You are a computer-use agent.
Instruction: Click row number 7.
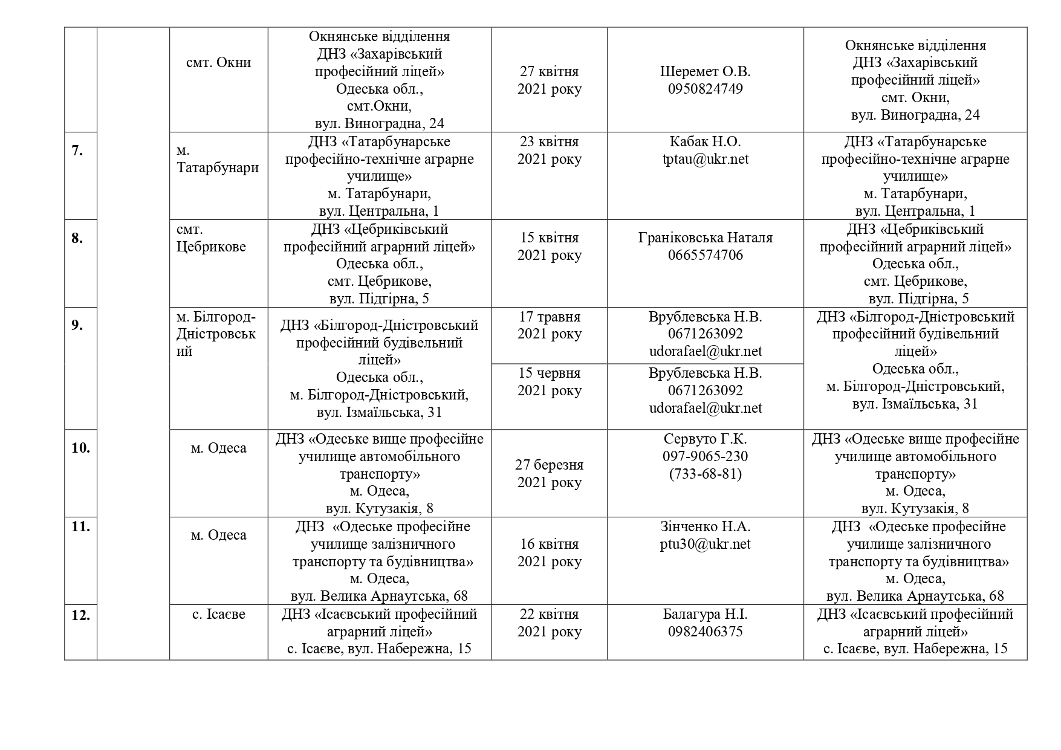[x=77, y=150]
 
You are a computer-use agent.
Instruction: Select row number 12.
[x=80, y=615]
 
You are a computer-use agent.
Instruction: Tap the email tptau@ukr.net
[x=705, y=159]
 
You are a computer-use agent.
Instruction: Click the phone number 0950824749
[x=705, y=89]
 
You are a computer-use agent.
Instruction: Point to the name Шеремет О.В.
[x=705, y=71]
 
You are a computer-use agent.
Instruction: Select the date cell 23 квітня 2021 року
[x=549, y=150]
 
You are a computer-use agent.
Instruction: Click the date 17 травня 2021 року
[x=549, y=325]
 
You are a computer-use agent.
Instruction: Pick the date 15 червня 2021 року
[x=549, y=382]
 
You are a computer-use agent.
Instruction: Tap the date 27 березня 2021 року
[x=549, y=473]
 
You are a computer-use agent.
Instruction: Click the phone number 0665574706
[x=705, y=255]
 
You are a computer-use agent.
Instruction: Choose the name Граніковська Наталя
[x=705, y=238]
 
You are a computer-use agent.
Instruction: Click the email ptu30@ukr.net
[x=705, y=544]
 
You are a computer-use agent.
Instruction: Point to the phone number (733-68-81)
[x=705, y=474]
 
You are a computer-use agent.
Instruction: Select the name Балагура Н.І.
[x=705, y=615]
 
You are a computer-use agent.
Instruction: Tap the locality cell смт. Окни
[x=218, y=62]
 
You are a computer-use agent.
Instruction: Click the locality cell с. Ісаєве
[x=218, y=615]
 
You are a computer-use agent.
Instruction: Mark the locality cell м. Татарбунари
[x=217, y=158]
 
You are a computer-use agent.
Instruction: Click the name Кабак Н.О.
[x=705, y=141]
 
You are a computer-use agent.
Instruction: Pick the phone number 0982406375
[x=705, y=632]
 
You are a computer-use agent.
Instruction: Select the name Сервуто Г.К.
[x=705, y=439]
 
